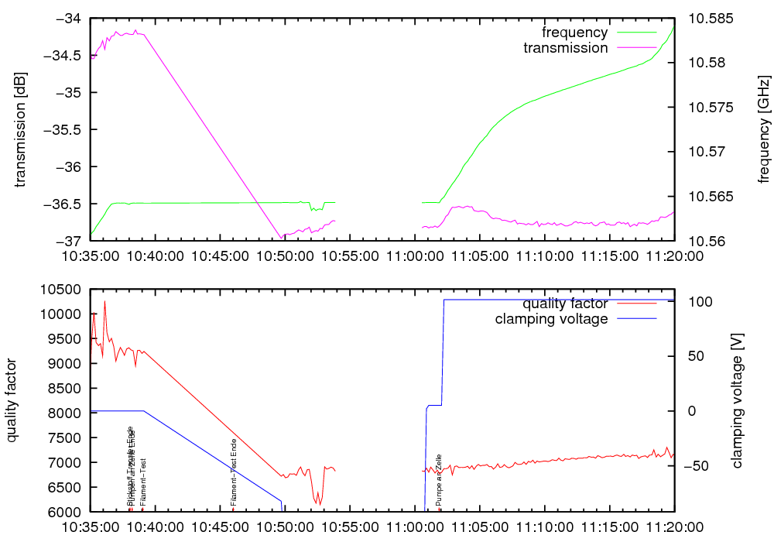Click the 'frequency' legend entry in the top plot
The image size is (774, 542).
[x=574, y=33]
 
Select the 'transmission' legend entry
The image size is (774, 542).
[x=565, y=48]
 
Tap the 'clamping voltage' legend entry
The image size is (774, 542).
[x=551, y=319]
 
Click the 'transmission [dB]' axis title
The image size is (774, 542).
[x=21, y=129]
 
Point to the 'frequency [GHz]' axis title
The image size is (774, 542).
[x=764, y=129]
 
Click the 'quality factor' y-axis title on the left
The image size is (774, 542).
[x=12, y=400]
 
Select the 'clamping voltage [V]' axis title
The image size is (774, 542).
[x=736, y=400]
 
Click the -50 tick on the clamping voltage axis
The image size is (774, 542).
[x=700, y=466]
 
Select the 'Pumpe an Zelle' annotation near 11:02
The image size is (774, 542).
[x=439, y=480]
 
